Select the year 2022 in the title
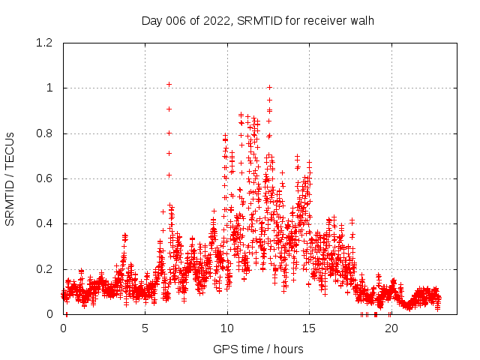pyautogui.click(x=217, y=20)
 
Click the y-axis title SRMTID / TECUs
pyautogui.click(x=10, y=178)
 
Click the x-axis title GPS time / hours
pyautogui.click(x=258, y=349)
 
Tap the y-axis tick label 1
pyautogui.click(x=49, y=88)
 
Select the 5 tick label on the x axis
pyautogui.click(x=145, y=328)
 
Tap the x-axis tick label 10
pyautogui.click(x=227, y=328)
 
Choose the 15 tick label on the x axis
pyautogui.click(x=309, y=328)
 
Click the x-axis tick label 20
pyautogui.click(x=391, y=328)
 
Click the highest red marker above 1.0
pyautogui.click(x=169, y=84)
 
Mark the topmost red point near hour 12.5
pyautogui.click(x=269, y=88)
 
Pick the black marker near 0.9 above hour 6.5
pyautogui.click(x=169, y=109)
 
